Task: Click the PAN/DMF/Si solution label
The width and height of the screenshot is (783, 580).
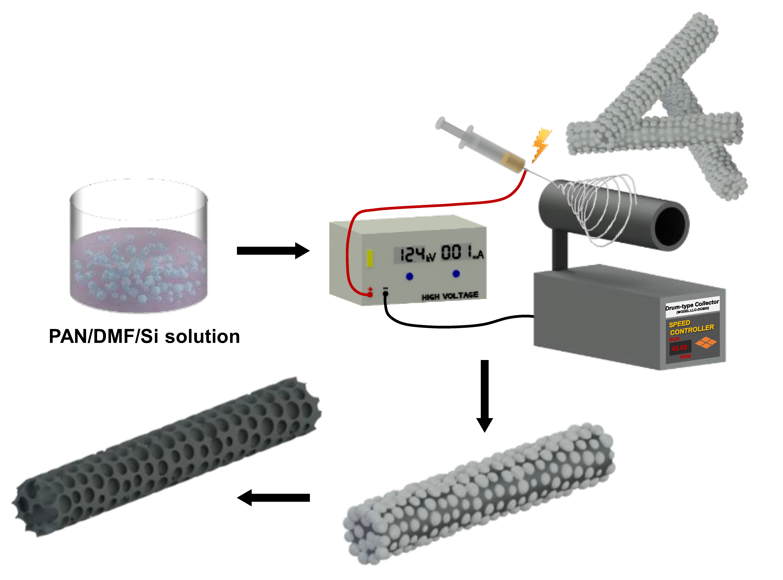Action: click(144, 336)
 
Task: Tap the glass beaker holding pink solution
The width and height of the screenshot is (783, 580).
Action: click(139, 246)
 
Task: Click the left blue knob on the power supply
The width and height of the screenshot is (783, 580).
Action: click(409, 277)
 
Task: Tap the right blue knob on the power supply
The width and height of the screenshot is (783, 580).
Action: click(456, 274)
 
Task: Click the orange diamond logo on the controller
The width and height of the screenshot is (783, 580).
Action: click(706, 343)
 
